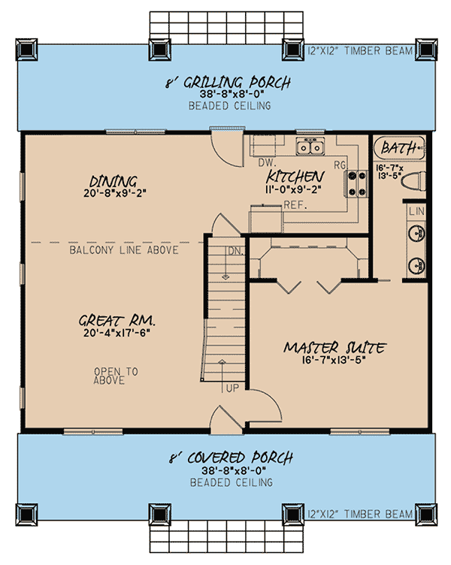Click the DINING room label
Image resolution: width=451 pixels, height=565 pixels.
tap(114, 181)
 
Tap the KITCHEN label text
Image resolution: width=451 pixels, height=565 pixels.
tap(295, 177)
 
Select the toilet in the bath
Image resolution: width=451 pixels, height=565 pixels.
tap(412, 181)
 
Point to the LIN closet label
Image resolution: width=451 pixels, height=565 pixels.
tap(416, 211)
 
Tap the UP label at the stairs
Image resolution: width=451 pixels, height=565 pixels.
tap(234, 388)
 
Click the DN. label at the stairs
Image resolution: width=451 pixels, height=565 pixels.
tap(235, 250)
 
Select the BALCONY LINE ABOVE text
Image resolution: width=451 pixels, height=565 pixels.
tap(124, 249)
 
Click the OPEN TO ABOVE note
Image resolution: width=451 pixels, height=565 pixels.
tap(110, 376)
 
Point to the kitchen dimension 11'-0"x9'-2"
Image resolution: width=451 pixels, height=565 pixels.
tap(295, 189)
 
